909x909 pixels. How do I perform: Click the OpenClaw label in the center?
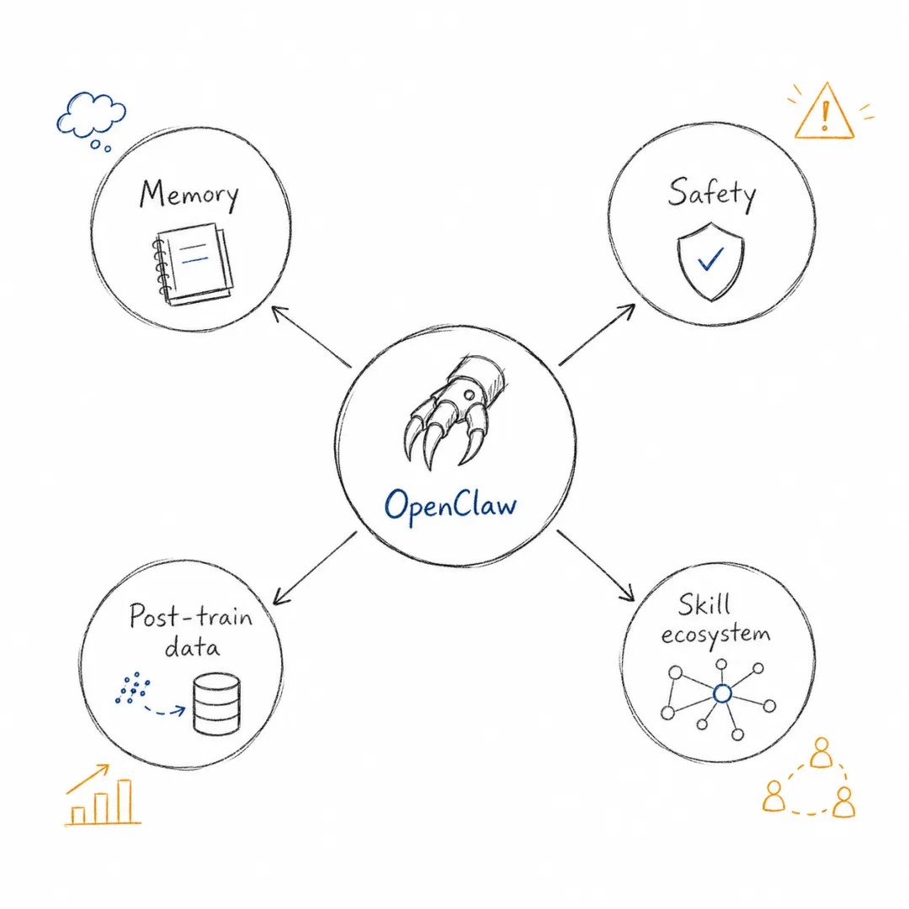coord(450,506)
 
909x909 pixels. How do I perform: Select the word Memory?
coord(189,195)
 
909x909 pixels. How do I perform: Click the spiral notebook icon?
coord(193,263)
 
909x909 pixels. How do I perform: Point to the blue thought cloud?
coord(91,119)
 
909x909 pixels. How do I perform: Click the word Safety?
coord(712,194)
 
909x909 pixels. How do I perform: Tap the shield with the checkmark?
coord(710,262)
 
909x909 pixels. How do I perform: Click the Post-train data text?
coord(191,631)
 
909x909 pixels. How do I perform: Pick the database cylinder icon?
coord(216,703)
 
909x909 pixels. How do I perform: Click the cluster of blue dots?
coord(133,688)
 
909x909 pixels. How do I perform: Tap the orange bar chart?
coord(103,795)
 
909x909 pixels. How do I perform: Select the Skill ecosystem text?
coord(715,620)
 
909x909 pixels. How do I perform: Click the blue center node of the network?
coord(722,694)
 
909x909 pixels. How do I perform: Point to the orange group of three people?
coord(810,778)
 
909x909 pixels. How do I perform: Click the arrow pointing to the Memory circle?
coord(311,337)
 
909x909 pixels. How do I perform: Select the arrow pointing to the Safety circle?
coord(597,334)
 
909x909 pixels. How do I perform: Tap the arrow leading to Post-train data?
coord(315,568)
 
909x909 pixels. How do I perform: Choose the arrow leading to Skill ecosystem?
coord(595,566)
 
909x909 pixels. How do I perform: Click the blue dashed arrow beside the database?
coord(165,710)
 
